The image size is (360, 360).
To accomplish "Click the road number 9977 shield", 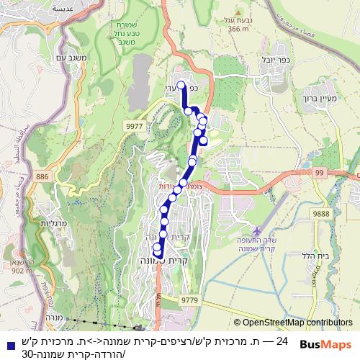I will (x=134, y=125).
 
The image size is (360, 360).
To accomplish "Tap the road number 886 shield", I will (x=42, y=176).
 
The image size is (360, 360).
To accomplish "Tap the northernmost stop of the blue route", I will (x=181, y=86).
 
